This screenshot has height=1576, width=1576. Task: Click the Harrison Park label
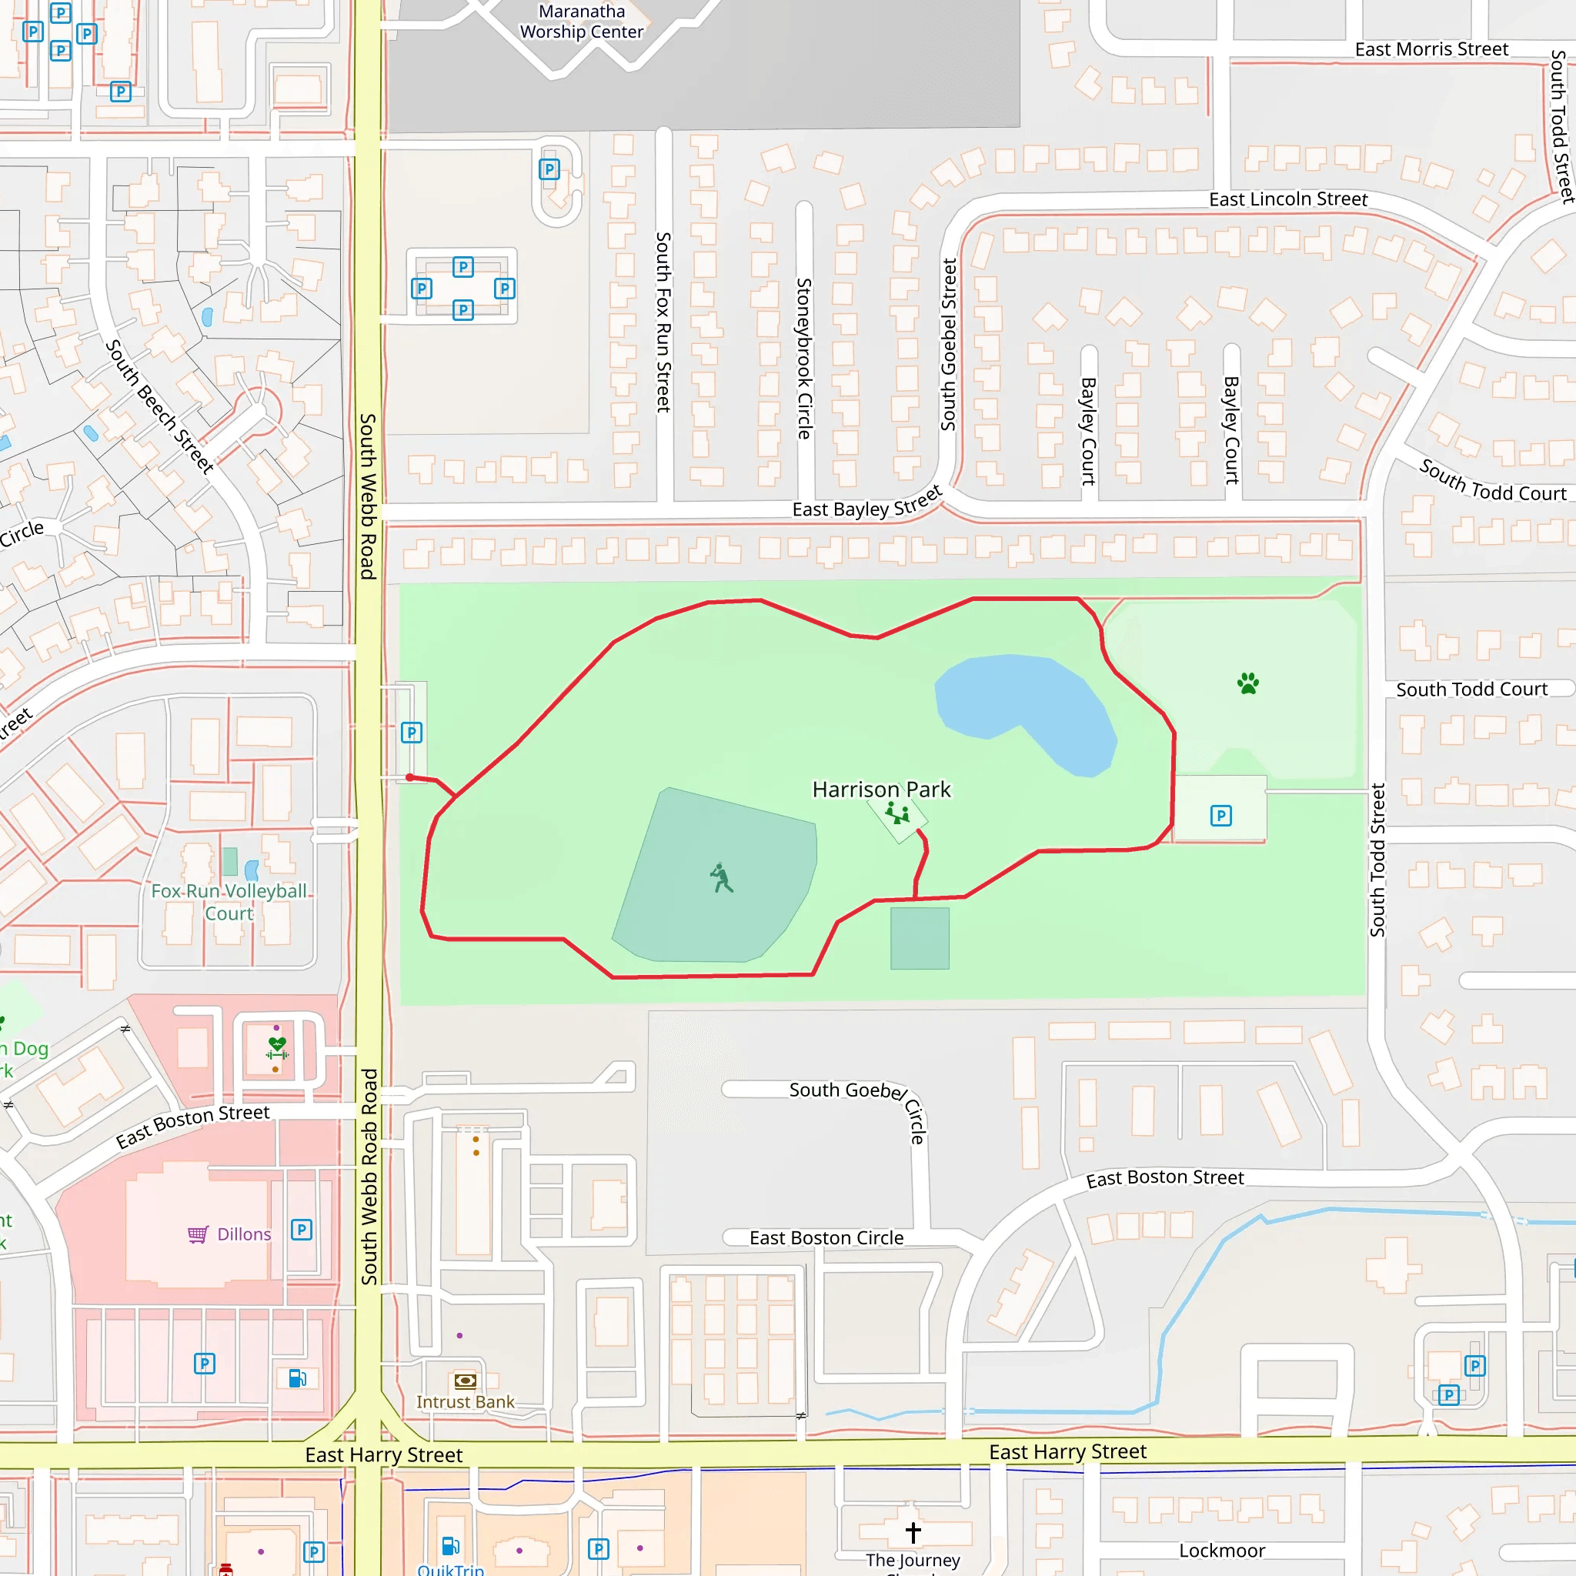881,790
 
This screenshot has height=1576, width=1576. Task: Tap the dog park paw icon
1247,683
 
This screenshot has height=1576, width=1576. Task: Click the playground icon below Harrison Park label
897,813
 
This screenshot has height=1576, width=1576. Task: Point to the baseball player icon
721,879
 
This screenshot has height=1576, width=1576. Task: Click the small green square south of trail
920,938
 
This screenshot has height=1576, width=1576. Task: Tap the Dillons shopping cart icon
198,1234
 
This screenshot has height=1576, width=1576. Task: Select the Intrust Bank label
465,1401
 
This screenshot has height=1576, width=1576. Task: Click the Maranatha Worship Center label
582,22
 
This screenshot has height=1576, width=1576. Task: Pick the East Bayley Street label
866,503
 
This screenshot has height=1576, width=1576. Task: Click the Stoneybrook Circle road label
804,359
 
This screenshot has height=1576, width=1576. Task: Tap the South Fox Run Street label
663,322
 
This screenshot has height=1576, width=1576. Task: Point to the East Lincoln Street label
1287,199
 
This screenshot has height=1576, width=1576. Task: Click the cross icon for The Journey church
913,1532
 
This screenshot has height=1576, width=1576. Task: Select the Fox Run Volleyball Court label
229,902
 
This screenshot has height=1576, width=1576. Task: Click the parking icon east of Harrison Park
1220,816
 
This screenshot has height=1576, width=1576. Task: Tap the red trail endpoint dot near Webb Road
409,777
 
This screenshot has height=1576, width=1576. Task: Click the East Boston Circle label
826,1237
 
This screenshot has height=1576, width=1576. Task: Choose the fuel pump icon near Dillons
297,1377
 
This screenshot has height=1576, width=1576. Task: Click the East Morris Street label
1431,50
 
